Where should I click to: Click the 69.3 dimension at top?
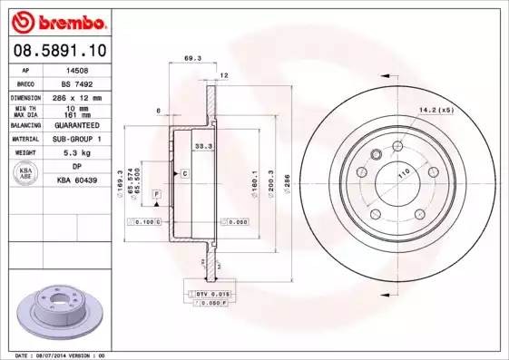point(191,58)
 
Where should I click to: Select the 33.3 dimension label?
point(203,145)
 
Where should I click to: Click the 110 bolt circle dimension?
point(401,172)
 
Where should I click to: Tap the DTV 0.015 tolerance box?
point(213,295)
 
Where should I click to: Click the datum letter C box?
point(184,172)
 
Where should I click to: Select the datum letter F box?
point(156,195)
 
